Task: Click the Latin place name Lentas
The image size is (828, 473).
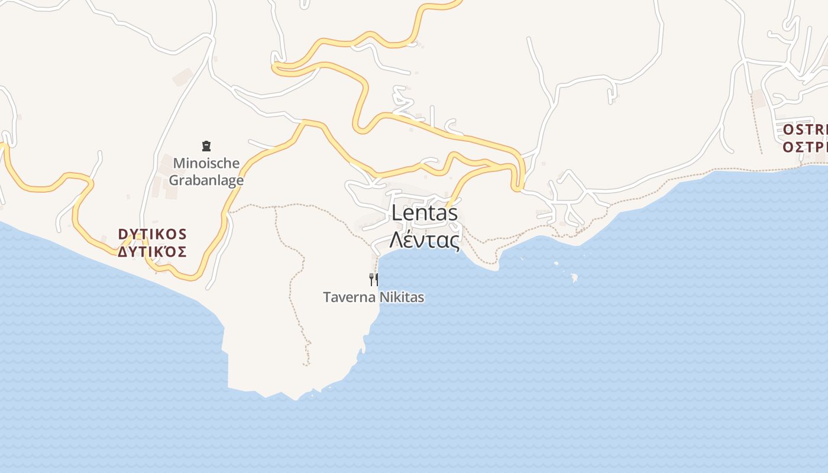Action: point(425,213)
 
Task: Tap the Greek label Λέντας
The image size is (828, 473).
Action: point(425,240)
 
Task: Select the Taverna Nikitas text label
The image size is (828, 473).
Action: point(373,297)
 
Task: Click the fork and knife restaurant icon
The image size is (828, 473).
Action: point(374,279)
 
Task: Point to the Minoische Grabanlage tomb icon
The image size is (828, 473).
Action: point(206,145)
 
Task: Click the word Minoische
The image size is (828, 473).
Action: point(206,163)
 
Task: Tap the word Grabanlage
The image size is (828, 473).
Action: point(206,180)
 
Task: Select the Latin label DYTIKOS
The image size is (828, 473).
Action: point(153,234)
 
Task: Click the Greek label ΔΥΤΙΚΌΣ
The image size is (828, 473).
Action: point(153,252)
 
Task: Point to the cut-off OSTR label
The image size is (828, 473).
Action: point(805,130)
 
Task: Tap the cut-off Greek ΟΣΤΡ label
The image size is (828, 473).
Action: point(805,147)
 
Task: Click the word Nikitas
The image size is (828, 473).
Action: point(402,297)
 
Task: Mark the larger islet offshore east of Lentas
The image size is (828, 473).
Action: point(573,276)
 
